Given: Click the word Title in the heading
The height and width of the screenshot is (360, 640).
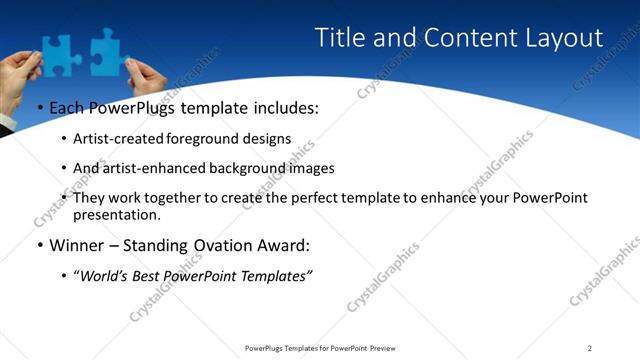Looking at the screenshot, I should pyautogui.click(x=339, y=38).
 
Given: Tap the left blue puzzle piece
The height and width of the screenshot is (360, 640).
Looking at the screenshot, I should pyautogui.click(x=57, y=52).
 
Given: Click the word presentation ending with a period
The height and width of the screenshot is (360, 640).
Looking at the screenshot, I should pyautogui.click(x=117, y=214).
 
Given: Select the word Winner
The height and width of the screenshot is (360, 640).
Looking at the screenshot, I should pyautogui.click(x=77, y=244).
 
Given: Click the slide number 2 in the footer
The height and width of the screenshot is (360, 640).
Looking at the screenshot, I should pyautogui.click(x=589, y=348).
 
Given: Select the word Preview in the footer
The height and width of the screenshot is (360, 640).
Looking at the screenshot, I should pyautogui.click(x=383, y=348).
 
